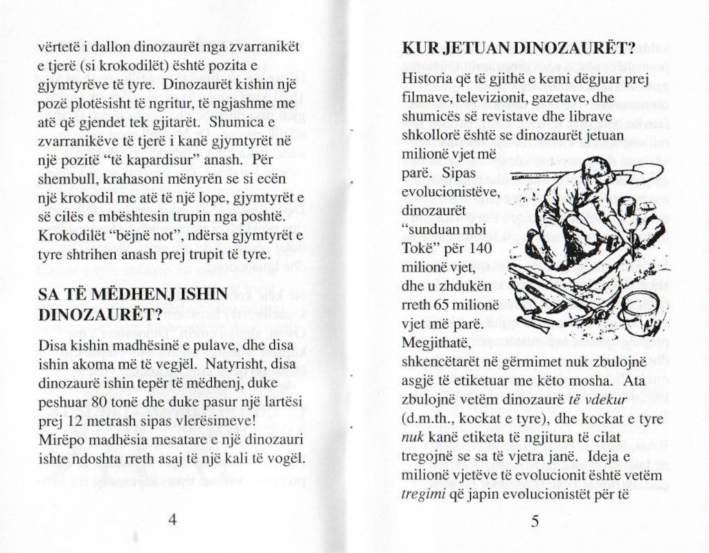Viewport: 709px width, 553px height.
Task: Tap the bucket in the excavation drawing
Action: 638,310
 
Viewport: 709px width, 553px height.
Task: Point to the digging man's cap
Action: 597,169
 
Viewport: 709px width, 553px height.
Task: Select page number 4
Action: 172,520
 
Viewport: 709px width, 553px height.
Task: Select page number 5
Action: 535,521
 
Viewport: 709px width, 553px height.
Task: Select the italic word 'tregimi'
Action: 422,494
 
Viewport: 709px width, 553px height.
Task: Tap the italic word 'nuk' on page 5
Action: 412,438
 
